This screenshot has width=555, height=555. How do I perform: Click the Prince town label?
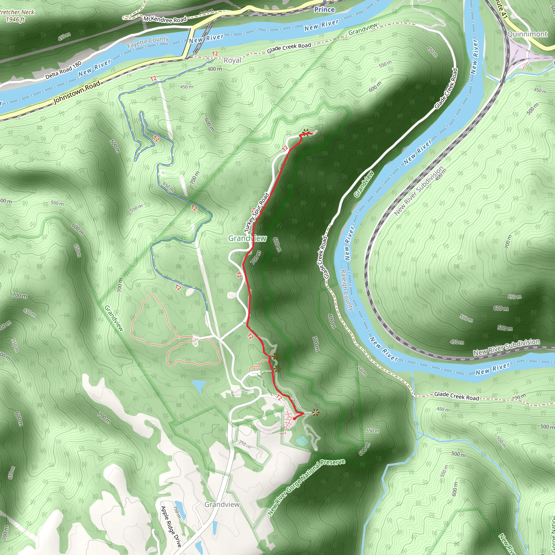pyautogui.click(x=324, y=10)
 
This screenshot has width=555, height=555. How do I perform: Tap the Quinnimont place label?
pyautogui.click(x=527, y=34)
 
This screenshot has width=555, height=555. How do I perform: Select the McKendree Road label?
pyautogui.click(x=165, y=20)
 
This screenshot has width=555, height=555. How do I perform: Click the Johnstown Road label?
pyautogui.click(x=77, y=92)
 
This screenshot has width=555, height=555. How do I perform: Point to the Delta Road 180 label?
pyautogui.click(x=63, y=70)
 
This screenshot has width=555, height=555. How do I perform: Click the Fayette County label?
pyautogui.click(x=148, y=42)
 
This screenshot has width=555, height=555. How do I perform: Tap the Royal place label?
pyautogui.click(x=233, y=61)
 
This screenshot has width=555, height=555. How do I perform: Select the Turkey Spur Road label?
pyautogui.click(x=257, y=213)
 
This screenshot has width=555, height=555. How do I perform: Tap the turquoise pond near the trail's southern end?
pyautogui.click(x=301, y=440)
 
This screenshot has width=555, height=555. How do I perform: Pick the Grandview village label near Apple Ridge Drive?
pyautogui.click(x=222, y=504)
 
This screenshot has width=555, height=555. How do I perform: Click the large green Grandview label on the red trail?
pyautogui.click(x=247, y=238)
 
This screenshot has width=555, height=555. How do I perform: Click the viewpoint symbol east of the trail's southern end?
pyautogui.click(x=315, y=413)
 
